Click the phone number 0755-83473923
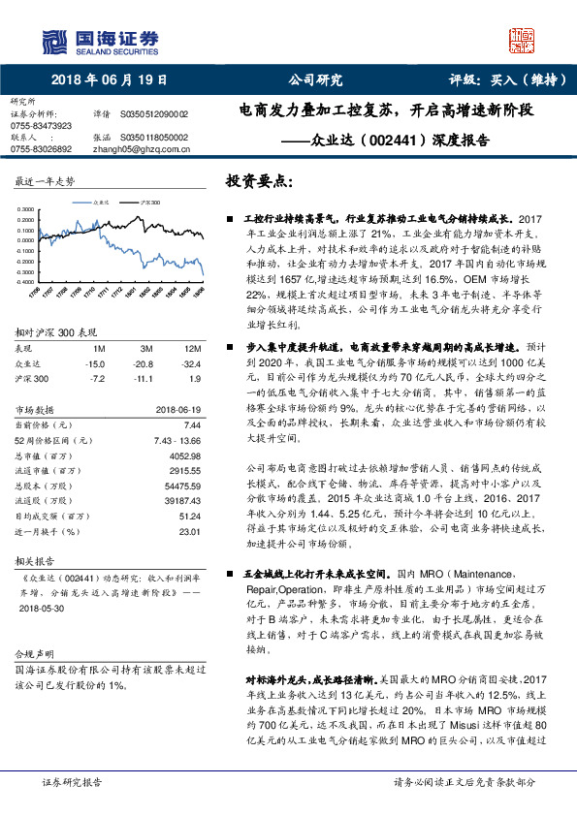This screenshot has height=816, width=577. coord(41,126)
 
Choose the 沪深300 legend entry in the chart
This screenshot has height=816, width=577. coord(148,202)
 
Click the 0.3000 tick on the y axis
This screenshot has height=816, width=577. coord(26,208)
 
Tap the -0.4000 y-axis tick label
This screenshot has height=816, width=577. coord(26,281)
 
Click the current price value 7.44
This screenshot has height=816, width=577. coord(191,425)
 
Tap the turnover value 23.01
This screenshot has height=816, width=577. coord(188,532)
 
